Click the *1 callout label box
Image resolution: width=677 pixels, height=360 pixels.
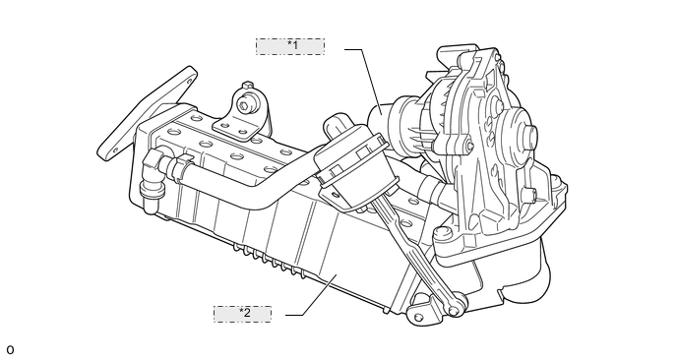[x=290, y=46]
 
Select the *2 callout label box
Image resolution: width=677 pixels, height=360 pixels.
[x=243, y=314]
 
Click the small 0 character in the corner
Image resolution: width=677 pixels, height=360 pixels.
[x=10, y=349]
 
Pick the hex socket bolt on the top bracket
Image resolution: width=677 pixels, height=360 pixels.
[x=245, y=106]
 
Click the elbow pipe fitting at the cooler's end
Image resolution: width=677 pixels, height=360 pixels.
[x=151, y=178]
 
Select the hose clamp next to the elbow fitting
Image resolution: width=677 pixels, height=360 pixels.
[x=180, y=165]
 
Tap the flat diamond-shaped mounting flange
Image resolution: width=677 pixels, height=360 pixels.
[x=146, y=112]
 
